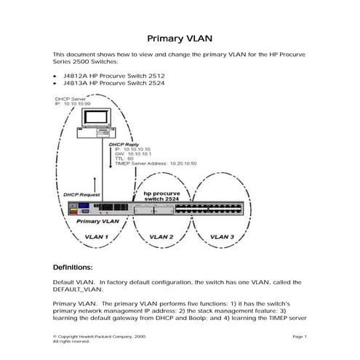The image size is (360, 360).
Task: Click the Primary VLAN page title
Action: click(x=180, y=39)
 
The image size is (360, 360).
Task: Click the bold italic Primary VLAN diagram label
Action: click(x=97, y=220)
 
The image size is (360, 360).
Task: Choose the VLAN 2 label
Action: click(x=161, y=237)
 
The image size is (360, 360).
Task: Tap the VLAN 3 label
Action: click(x=223, y=237)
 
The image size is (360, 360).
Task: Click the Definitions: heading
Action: click(x=73, y=266)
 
